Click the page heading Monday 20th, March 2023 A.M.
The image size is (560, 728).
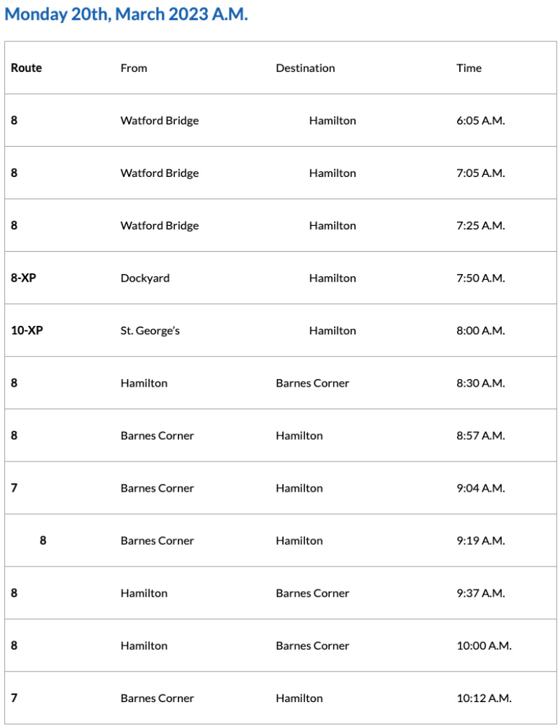tap(126, 15)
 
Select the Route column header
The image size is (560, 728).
tap(27, 68)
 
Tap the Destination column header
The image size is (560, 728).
tap(305, 68)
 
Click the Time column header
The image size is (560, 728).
tap(469, 68)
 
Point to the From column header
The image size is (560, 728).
tap(134, 68)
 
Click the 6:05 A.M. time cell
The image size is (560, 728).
tap(480, 120)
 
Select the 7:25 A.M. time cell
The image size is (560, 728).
tap(480, 225)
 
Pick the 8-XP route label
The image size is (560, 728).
tap(23, 278)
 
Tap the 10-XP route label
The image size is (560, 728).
tap(27, 330)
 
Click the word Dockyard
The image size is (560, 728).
tap(145, 278)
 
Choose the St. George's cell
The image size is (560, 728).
tap(150, 330)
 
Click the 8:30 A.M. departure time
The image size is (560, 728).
tap(480, 383)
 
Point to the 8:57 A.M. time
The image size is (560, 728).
tap(480, 435)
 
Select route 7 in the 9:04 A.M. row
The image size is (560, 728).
tap(14, 487)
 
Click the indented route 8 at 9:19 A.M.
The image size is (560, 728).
tap(43, 540)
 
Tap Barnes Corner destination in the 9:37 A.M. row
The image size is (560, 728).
tap(312, 593)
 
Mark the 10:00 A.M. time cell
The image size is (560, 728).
tap(484, 645)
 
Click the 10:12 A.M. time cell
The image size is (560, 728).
tap(484, 698)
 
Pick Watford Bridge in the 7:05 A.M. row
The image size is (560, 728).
tap(160, 173)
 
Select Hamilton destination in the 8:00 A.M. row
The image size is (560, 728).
tap(332, 330)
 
